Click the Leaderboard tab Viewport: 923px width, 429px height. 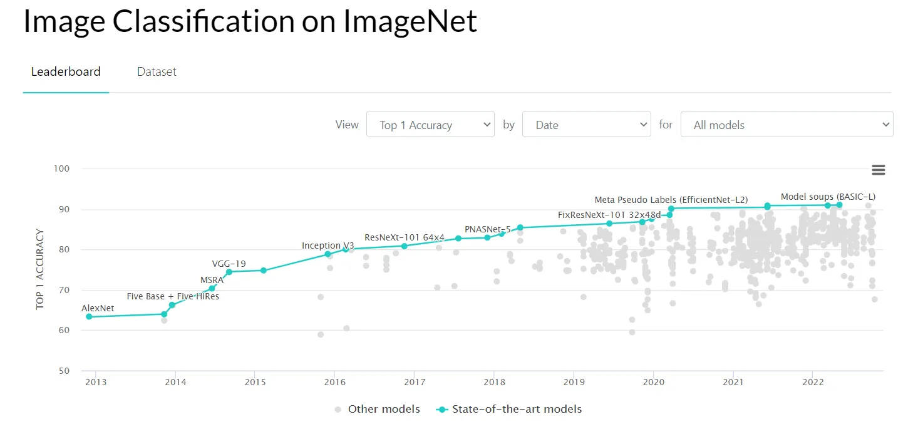66,71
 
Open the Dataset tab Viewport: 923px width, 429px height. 157,71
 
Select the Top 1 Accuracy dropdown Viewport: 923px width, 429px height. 430,125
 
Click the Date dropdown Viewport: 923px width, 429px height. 586,125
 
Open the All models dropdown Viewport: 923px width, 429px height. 786,125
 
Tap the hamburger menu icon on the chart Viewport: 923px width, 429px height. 879,170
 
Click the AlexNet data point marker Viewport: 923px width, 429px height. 89,317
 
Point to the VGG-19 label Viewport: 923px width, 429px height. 229,264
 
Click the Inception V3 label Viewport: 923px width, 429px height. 327,246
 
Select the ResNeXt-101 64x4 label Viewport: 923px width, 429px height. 404,237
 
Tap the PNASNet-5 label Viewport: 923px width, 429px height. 487,229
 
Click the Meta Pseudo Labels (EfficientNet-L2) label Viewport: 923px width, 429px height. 671,200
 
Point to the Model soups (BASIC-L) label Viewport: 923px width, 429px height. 828,197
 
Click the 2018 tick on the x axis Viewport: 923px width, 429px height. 494,381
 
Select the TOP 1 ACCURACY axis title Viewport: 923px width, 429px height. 40,269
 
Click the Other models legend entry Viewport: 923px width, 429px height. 378,409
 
